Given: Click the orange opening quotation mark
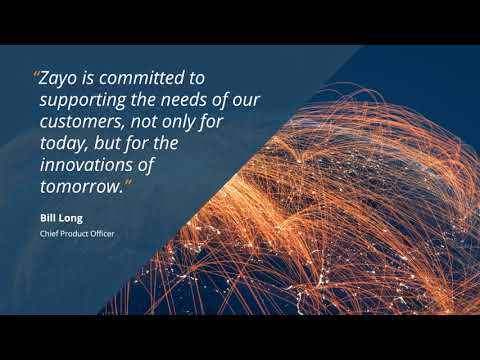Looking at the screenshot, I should click(x=37, y=78).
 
